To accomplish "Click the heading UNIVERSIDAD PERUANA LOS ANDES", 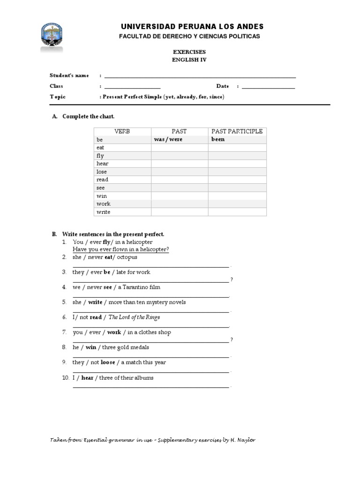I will click(x=192, y=27).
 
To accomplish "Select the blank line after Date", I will click(x=269, y=87).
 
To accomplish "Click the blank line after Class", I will click(x=132, y=87).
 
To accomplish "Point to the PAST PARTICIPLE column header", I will click(x=237, y=131).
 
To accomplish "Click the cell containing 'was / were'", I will click(x=168, y=139).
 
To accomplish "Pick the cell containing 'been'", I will click(x=218, y=139).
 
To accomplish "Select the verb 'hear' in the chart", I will click(x=102, y=164).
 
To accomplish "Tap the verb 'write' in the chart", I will click(x=103, y=212).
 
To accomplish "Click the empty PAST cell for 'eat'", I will click(x=180, y=148).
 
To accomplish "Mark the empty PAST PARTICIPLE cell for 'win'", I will click(x=237, y=196).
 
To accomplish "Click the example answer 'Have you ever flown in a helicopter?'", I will click(x=121, y=249).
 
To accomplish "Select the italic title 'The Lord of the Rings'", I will click(x=134, y=317).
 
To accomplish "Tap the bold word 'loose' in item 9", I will click(x=108, y=362).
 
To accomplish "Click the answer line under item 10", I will click(x=151, y=387).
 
